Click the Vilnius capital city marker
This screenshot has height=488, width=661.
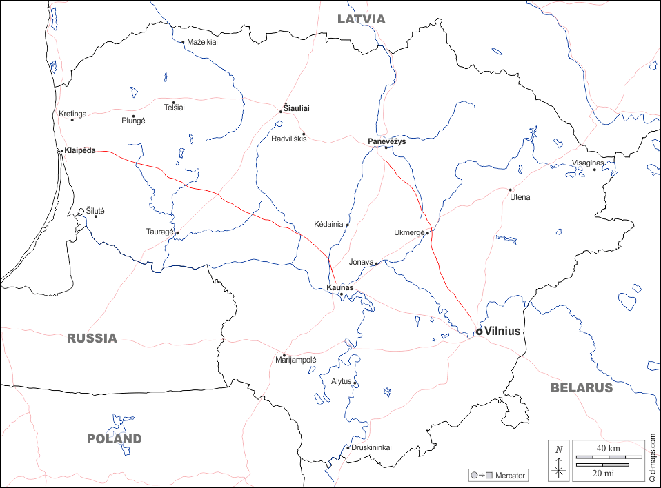pyautogui.click(x=479, y=332)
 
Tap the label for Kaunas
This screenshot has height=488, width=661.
pyautogui.click(x=339, y=287)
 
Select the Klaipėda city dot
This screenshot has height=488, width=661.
pyautogui.click(x=61, y=151)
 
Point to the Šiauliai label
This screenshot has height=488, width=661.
pyautogui.click(x=297, y=108)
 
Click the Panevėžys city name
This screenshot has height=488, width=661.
pyautogui.click(x=386, y=141)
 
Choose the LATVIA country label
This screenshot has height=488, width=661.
pyautogui.click(x=361, y=19)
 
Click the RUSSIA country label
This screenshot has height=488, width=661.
pyautogui.click(x=92, y=338)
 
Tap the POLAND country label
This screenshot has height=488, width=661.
pyautogui.click(x=114, y=439)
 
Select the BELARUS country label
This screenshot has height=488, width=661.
pyautogui.click(x=581, y=388)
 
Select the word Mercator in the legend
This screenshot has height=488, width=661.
pyautogui.click(x=511, y=476)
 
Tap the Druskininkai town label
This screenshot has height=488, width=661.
pyautogui.click(x=371, y=447)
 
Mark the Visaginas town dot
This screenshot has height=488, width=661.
pyautogui.click(x=594, y=170)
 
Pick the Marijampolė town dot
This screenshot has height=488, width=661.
pyautogui.click(x=284, y=356)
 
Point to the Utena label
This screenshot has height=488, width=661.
pyautogui.click(x=520, y=197)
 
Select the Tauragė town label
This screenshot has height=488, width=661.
pyautogui.click(x=159, y=232)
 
